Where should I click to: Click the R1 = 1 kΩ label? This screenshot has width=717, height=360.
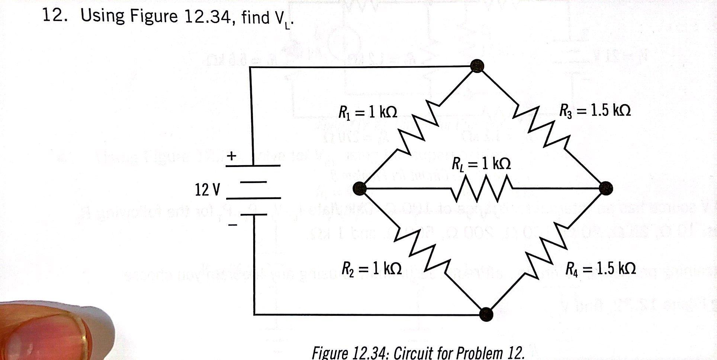pos(367,111)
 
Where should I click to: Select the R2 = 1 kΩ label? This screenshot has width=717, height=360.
pos(372,267)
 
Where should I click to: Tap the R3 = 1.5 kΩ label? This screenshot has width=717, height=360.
pos(595,110)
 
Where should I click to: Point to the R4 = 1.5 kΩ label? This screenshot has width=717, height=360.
pos(600,268)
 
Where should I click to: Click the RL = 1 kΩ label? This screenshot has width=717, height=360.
pos(481,164)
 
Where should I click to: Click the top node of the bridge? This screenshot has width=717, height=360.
pos(477,66)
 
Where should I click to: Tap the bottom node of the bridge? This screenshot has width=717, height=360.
pos(486,314)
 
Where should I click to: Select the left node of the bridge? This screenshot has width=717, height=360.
pos(360,189)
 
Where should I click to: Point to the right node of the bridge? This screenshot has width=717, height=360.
pos(606,188)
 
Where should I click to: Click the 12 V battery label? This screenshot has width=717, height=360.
pos(207,190)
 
